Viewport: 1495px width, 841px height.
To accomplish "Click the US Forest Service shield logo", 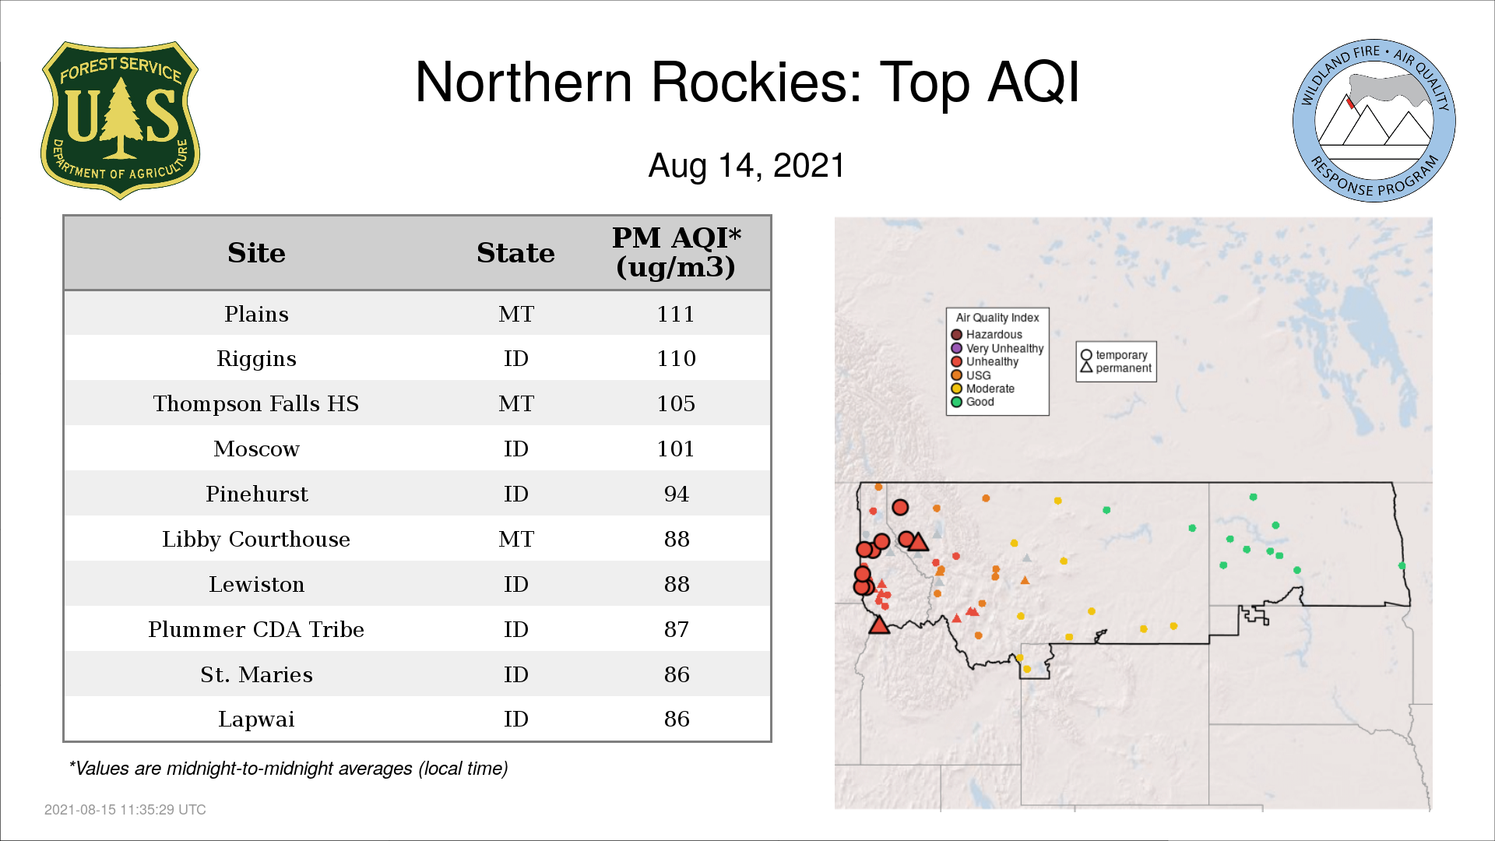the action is pyautogui.click(x=120, y=121).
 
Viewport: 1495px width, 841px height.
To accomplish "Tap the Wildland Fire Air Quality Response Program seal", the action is pyautogui.click(x=1374, y=121).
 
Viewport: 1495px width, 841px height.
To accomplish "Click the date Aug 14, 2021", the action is pyautogui.click(x=747, y=166).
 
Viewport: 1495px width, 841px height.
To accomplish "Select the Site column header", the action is pyautogui.click(x=256, y=253).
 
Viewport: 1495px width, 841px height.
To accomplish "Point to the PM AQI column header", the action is pyautogui.click(x=676, y=252).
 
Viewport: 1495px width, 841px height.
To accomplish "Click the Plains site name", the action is pyautogui.click(x=256, y=314).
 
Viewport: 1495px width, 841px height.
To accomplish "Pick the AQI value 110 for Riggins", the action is pyautogui.click(x=676, y=358).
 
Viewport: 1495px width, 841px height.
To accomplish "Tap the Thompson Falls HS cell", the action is pyautogui.click(x=256, y=403).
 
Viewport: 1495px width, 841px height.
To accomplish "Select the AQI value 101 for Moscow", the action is pyautogui.click(x=676, y=449).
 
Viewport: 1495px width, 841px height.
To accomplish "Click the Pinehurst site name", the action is pyautogui.click(x=256, y=494).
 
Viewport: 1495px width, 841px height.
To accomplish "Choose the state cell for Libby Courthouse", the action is pyautogui.click(x=516, y=539).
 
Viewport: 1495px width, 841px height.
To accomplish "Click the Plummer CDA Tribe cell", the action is pyautogui.click(x=256, y=629).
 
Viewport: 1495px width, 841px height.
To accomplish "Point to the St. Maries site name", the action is pyautogui.click(x=256, y=674).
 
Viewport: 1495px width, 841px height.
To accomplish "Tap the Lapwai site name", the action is pyautogui.click(x=256, y=720).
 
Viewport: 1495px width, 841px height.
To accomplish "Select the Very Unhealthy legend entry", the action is pyautogui.click(x=997, y=348).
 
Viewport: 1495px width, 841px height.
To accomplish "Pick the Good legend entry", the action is pyautogui.click(x=973, y=402).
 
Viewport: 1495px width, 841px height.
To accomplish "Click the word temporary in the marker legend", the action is pyautogui.click(x=1121, y=355).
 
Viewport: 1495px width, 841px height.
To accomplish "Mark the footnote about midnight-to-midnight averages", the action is pyautogui.click(x=288, y=769).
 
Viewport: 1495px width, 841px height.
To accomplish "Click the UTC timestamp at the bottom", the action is pyautogui.click(x=125, y=810).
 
